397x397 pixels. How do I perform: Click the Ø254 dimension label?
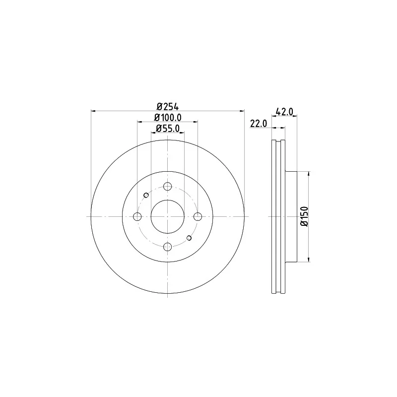(168, 107)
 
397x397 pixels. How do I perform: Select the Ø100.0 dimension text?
(168, 118)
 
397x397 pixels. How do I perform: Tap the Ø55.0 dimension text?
(168, 129)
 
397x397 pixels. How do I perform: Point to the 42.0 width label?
(284, 111)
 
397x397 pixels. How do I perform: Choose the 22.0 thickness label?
(259, 124)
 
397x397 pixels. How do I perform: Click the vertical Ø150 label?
(304, 216)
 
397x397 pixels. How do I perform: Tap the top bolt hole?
(167, 187)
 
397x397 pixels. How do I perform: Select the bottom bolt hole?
(167, 247)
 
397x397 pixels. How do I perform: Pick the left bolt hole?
(137, 216)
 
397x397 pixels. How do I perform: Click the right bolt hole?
(198, 216)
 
